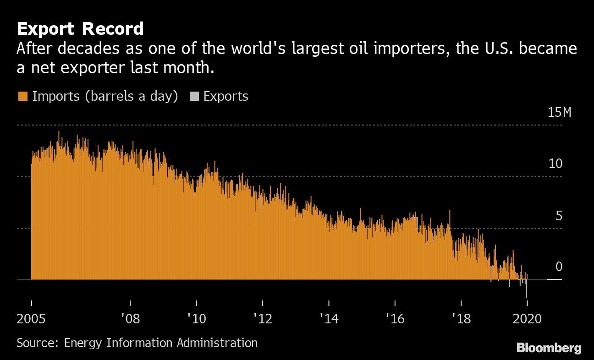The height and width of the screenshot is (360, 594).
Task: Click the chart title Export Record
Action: click(x=80, y=29)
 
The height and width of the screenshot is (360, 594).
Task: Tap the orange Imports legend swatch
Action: click(x=22, y=97)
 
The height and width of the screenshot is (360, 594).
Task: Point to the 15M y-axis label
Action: click(x=560, y=113)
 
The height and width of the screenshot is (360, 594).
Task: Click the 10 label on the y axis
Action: click(x=555, y=164)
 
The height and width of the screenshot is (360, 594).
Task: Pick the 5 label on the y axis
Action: click(x=559, y=216)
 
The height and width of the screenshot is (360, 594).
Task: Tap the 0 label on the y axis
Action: click(x=559, y=267)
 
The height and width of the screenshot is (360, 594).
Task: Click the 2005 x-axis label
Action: click(x=32, y=319)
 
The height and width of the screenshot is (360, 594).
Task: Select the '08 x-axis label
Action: click(x=131, y=319)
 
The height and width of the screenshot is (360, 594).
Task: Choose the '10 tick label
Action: click(x=197, y=319)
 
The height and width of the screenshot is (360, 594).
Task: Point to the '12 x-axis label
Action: click(x=263, y=319)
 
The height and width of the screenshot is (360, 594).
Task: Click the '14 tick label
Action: click(x=329, y=319)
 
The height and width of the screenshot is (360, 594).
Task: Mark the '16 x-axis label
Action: click(x=395, y=319)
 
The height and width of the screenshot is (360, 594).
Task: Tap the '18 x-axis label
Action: click(x=461, y=319)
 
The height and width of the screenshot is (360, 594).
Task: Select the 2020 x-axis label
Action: click(x=527, y=319)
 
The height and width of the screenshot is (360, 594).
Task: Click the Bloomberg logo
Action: click(x=549, y=348)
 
